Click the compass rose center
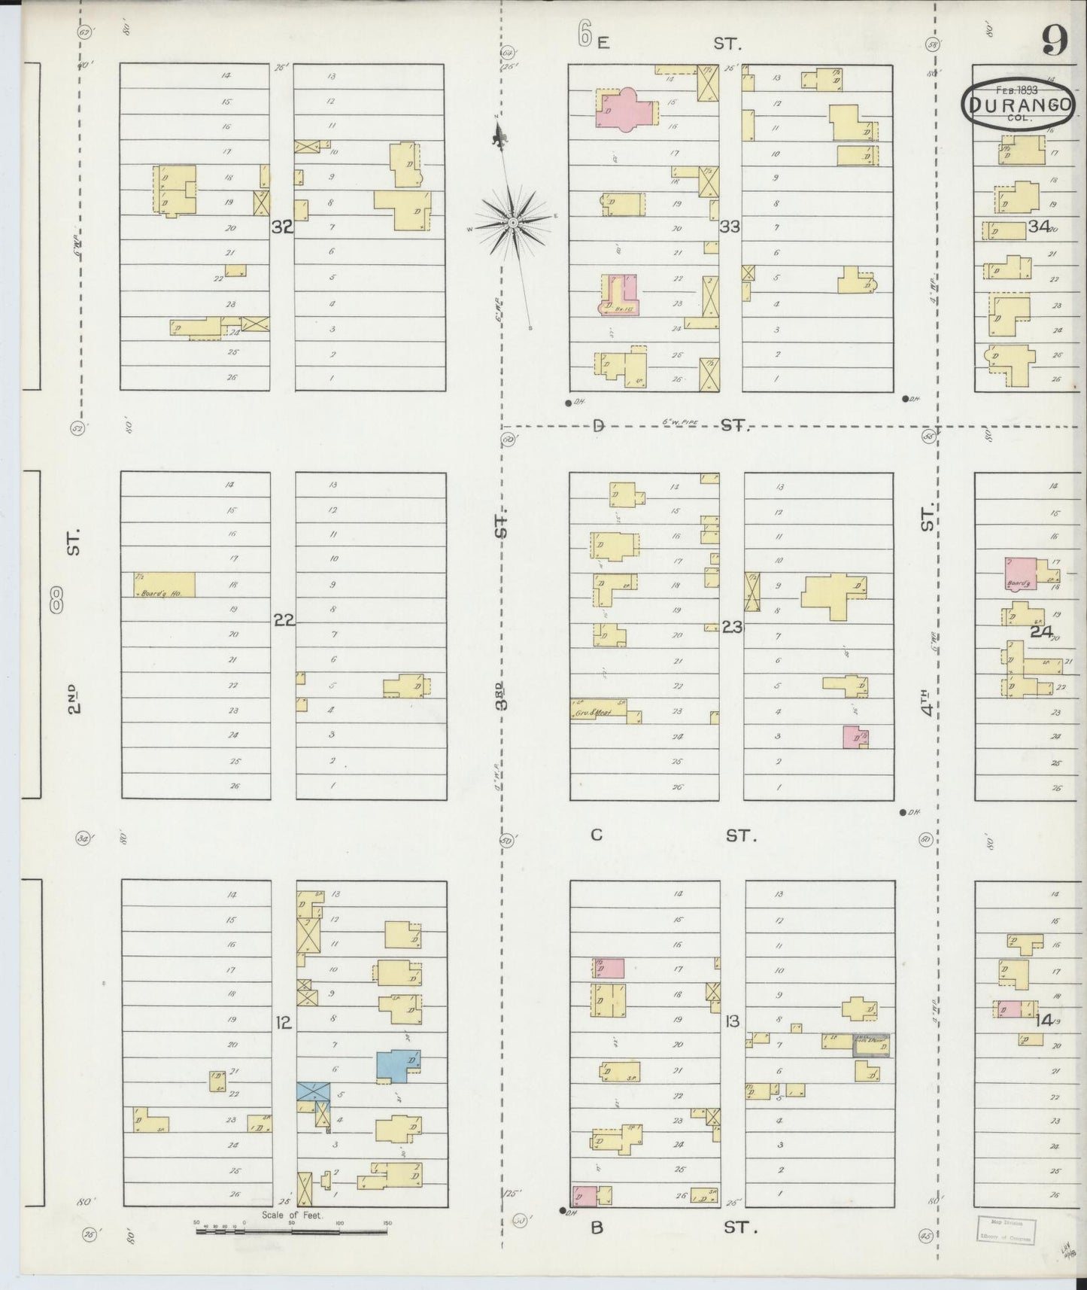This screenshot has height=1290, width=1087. point(512,221)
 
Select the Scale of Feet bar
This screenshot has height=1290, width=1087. point(293,1231)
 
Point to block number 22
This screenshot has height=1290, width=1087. point(284,620)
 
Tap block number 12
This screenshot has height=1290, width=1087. point(283,1022)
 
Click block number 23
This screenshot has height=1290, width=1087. point(731,625)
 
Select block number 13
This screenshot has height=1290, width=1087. point(731,1021)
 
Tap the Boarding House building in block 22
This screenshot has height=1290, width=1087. point(164,585)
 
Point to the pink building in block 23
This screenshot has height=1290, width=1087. point(855,737)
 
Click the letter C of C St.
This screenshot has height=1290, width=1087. point(597,835)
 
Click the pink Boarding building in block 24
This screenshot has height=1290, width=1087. point(1020,574)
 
